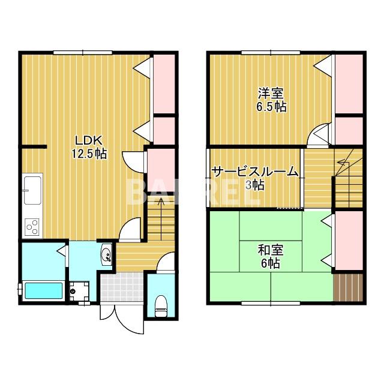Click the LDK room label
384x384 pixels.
click(x=88, y=141)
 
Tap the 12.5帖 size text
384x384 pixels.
click(x=89, y=154)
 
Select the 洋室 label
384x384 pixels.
click(x=271, y=94)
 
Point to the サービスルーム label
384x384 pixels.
click(x=255, y=172)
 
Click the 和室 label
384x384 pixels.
click(x=271, y=250)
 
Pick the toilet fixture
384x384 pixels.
click(x=161, y=306)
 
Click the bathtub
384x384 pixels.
click(x=44, y=290)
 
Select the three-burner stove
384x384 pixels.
click(x=32, y=227)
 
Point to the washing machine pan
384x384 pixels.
click(x=79, y=291)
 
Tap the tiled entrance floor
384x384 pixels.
click(x=122, y=287)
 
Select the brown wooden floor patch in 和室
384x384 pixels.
click(x=347, y=287)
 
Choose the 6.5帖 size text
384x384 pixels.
click(x=271, y=107)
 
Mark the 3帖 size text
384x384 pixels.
click(x=255, y=185)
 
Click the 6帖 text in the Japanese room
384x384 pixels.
click(x=271, y=263)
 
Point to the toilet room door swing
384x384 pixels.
click(x=166, y=263)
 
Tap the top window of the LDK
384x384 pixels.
click(x=83, y=52)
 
